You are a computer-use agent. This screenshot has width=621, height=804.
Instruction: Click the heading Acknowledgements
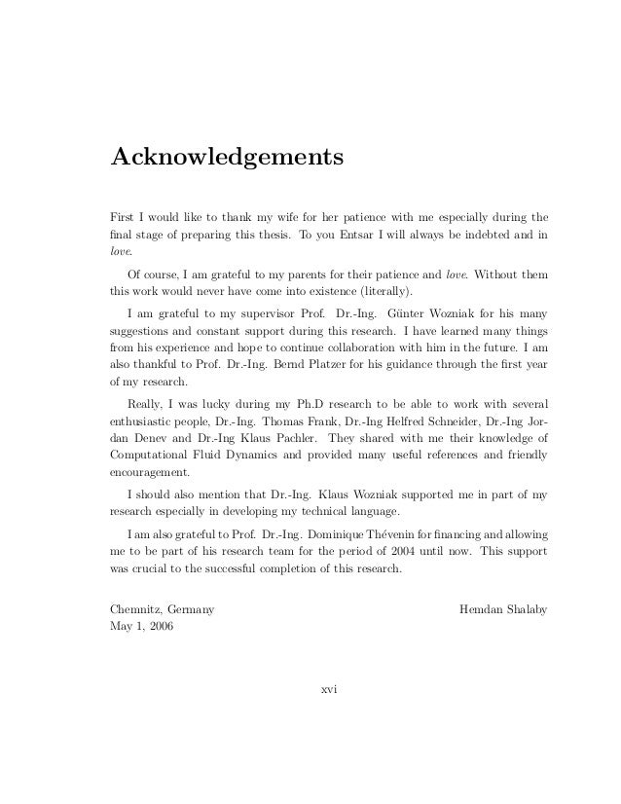point(227,157)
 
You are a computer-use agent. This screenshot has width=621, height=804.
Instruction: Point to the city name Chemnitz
point(133,611)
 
